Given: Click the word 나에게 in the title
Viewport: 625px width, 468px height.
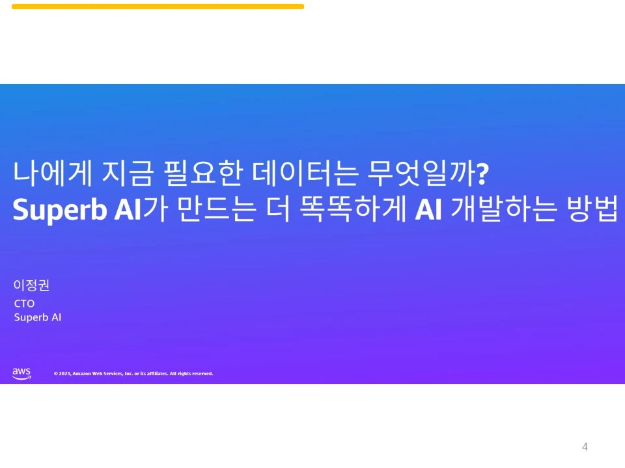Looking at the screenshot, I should coord(51,174).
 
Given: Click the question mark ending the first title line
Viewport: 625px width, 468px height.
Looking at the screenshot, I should coord(482,175).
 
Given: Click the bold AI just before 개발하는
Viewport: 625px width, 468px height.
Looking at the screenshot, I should coord(429,209).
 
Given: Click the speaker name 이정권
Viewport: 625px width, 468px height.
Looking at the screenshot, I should coord(31,285).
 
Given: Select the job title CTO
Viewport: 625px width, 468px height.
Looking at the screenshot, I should coord(24,304).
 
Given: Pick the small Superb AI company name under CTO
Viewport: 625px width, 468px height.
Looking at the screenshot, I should coord(38,318).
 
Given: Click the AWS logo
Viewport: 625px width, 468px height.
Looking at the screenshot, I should coord(21,373).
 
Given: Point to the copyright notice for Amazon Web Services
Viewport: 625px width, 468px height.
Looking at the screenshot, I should coord(133,374).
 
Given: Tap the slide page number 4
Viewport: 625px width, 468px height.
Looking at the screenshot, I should coord(585,447).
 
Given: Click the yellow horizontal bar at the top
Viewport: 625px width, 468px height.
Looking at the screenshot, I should coord(158,6).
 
